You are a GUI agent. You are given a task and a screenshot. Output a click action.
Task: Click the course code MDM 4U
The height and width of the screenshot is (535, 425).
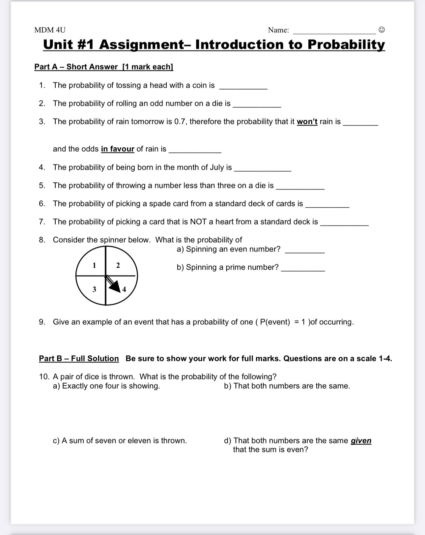[50, 30]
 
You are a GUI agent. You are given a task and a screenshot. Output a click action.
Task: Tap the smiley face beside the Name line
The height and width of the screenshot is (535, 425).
[381, 30]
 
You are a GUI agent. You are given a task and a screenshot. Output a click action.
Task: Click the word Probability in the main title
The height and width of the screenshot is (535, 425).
[346, 45]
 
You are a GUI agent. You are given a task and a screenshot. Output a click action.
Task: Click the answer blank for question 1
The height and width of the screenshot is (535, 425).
[243, 86]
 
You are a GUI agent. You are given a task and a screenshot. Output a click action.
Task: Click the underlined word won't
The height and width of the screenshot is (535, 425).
[307, 122]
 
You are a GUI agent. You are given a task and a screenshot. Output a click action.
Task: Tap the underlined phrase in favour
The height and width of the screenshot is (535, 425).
[118, 149]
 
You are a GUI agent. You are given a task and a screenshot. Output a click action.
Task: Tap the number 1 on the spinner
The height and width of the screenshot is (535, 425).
[94, 265]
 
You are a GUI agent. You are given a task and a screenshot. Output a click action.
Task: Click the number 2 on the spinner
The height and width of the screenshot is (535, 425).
[118, 265]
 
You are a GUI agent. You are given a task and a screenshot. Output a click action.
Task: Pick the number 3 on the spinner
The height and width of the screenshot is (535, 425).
[94, 289]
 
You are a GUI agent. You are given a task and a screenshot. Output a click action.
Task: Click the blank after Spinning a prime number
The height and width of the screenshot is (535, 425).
[303, 268]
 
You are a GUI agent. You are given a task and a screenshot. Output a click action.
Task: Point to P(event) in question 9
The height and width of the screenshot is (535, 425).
[275, 322]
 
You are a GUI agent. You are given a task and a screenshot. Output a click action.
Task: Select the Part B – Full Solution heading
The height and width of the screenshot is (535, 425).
[79, 359]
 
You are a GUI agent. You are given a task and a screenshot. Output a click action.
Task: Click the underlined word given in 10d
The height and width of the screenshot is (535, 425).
[361, 441]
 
